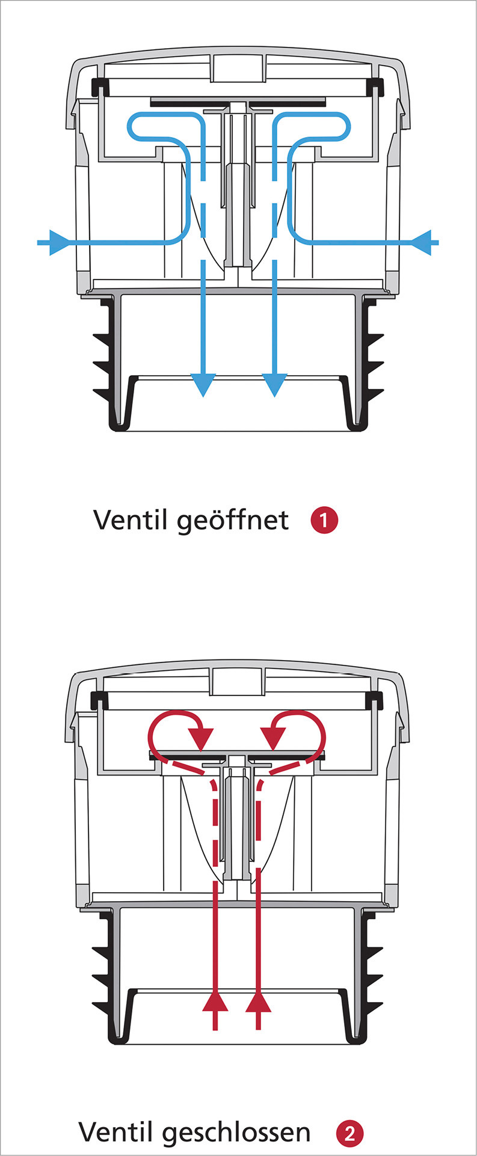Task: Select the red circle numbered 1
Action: pos(324,520)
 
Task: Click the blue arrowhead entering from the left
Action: pos(58,242)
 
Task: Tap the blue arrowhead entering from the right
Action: pos(422,242)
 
